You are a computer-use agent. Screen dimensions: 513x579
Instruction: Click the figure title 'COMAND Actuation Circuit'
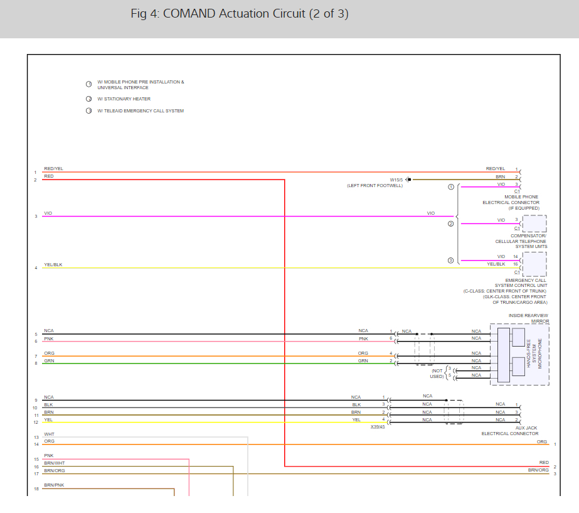tap(240, 14)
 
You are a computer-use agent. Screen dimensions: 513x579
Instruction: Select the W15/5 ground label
tap(396, 180)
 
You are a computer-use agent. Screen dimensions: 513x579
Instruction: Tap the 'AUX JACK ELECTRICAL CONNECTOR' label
tap(509, 431)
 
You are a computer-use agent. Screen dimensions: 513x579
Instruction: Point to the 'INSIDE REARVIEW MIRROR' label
tap(529, 318)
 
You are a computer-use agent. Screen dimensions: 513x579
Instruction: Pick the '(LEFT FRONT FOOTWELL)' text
tap(374, 186)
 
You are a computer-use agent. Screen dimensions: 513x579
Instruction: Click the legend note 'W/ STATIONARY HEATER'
tap(124, 99)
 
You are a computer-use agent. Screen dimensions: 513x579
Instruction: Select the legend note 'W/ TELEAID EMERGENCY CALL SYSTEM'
tap(140, 111)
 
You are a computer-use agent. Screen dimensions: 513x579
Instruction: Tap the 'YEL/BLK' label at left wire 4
tap(53, 265)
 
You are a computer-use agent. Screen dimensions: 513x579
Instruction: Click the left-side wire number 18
tap(36, 488)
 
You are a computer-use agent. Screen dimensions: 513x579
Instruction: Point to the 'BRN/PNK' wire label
tap(54, 485)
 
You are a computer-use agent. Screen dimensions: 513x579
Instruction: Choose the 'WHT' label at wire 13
tap(49, 435)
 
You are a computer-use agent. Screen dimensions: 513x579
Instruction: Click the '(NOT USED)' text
tap(437, 373)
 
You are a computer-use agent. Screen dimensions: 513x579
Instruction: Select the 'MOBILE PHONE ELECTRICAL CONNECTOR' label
tap(511, 202)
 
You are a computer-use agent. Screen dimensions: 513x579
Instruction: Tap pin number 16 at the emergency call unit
tap(515, 264)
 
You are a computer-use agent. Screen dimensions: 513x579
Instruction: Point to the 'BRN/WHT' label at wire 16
tap(55, 463)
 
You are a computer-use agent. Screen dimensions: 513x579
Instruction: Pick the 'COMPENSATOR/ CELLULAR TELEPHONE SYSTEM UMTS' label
tap(521, 241)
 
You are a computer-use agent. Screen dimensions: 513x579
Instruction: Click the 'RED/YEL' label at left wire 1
tap(53, 169)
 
